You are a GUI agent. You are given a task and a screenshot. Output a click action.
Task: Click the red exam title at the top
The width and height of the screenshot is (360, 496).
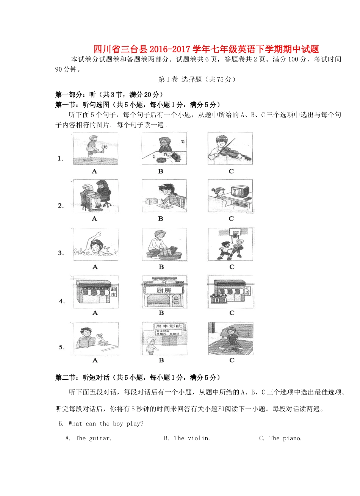coord(206,49)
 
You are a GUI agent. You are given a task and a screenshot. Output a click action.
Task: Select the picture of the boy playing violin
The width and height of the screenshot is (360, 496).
coord(230,149)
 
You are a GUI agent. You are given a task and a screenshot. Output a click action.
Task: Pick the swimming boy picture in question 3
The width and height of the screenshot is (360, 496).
coord(95,244)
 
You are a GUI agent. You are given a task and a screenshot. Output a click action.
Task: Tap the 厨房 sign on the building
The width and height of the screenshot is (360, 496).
coord(164,290)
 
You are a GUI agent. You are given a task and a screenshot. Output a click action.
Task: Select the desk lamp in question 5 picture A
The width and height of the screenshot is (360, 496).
coord(101,336)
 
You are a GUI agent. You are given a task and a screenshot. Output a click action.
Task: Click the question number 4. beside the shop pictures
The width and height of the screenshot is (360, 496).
coord(62,301)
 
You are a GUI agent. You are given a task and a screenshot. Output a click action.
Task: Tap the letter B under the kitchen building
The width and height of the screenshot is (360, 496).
coord(161,313)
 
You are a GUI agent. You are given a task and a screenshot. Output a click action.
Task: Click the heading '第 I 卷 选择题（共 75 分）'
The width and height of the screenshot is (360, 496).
coord(197,79)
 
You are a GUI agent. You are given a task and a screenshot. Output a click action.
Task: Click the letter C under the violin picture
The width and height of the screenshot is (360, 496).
coord(231,171)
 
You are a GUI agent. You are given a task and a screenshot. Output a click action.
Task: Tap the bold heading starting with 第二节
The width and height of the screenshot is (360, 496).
coord(138,377)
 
